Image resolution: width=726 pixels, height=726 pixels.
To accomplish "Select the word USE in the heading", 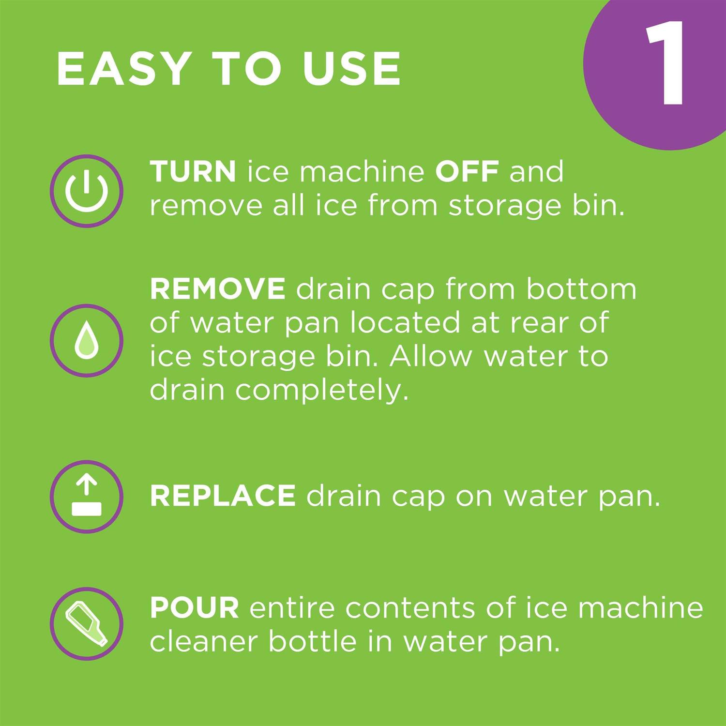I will [x=352, y=69].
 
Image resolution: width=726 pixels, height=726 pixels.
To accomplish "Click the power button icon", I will [x=87, y=191].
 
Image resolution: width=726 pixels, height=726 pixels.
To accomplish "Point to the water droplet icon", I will [x=87, y=340].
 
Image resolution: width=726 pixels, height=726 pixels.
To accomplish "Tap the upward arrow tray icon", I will [x=87, y=497].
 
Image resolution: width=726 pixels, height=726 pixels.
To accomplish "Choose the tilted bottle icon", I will [x=87, y=623].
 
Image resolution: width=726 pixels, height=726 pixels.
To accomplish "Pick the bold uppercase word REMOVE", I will [x=217, y=289].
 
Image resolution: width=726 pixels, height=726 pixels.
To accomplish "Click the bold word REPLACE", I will [x=223, y=496].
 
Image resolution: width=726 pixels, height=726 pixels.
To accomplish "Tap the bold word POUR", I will [x=194, y=608].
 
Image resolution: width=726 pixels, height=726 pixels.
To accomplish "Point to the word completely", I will [x=322, y=390].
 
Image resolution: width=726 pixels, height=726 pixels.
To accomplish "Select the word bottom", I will [x=581, y=289].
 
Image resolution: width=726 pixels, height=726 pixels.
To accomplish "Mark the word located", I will [x=405, y=323].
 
